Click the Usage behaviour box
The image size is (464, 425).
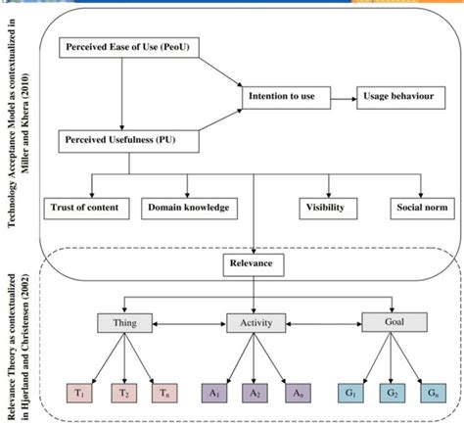click(x=398, y=96)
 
